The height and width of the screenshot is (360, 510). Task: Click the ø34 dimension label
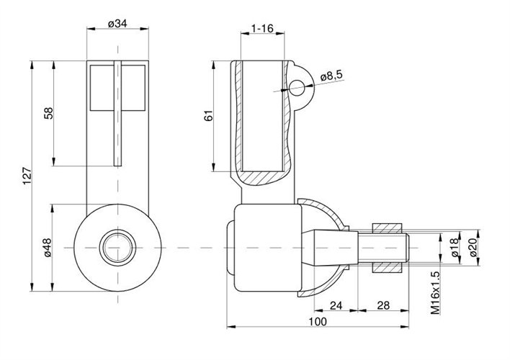pyautogui.click(x=117, y=24)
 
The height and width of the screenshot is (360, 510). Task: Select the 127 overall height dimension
pyautogui.click(x=27, y=176)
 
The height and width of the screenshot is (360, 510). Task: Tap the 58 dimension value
pyautogui.click(x=48, y=113)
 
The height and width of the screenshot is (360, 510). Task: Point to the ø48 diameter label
pyautogui.click(x=48, y=248)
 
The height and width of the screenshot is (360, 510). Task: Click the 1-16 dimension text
pyautogui.click(x=262, y=29)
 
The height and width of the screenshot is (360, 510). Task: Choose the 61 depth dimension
pyautogui.click(x=208, y=116)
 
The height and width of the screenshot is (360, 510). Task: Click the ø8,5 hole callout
pyautogui.click(x=331, y=76)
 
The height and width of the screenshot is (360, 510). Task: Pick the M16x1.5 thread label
pyautogui.click(x=436, y=293)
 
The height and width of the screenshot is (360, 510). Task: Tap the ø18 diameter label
pyautogui.click(x=455, y=247)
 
